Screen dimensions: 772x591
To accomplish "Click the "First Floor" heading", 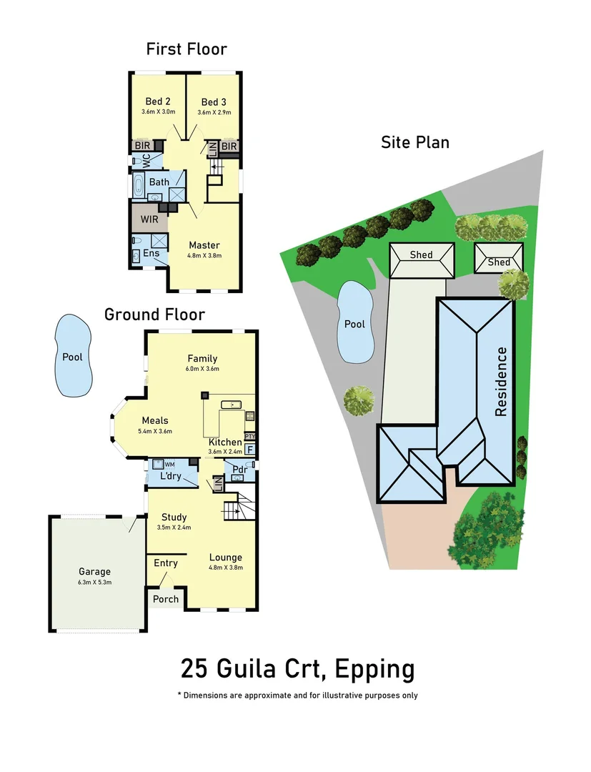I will pyautogui.click(x=187, y=49).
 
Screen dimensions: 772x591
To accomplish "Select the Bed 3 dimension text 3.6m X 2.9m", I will pyautogui.click(x=215, y=112).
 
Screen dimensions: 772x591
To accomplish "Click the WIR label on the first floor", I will pyautogui.click(x=149, y=219).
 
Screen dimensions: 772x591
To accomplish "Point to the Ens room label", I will pyautogui.click(x=152, y=253).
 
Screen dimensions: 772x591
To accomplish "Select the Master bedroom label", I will pyautogui.click(x=204, y=245).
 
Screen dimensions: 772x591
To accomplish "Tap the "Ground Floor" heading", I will pyautogui.click(x=154, y=315).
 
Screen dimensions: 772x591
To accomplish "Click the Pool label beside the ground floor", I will pyautogui.click(x=72, y=357).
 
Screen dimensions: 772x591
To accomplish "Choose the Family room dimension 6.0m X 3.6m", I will pyautogui.click(x=202, y=369).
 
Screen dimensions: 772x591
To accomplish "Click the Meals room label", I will pyautogui.click(x=155, y=420).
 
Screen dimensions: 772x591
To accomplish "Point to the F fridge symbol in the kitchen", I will pyautogui.click(x=249, y=450).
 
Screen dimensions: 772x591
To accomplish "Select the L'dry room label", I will pyautogui.click(x=170, y=475).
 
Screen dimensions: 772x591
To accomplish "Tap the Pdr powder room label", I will pyautogui.click(x=239, y=470).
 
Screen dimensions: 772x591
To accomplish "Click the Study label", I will pyautogui.click(x=174, y=517).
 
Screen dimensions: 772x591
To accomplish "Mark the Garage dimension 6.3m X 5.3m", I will pyautogui.click(x=94, y=582).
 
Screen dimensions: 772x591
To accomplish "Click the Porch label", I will pyautogui.click(x=166, y=598).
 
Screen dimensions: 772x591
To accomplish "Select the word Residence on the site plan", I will pyautogui.click(x=502, y=382).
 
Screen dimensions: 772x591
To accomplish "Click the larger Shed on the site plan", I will pyautogui.click(x=422, y=255).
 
